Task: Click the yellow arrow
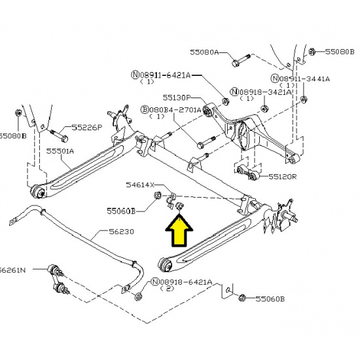coord(179,232)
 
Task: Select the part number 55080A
coord(204,52)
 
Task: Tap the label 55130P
coord(177,98)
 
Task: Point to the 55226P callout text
coord(87,127)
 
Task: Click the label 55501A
coord(60,151)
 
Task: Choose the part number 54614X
coord(140,185)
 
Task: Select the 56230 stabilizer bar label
coord(121,232)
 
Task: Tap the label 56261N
coord(12,270)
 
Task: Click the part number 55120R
coord(282,177)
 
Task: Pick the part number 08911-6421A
coord(165,75)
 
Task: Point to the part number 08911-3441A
coord(304,79)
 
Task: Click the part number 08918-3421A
coord(266,92)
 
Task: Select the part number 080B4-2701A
coord(175,110)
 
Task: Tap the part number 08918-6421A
coord(186,281)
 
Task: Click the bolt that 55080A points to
coord(241,60)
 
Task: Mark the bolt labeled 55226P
coord(59,135)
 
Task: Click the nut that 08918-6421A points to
coord(139,297)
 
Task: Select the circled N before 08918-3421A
coord(234,92)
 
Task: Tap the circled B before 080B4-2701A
coord(145,109)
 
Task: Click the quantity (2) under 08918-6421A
coord(168,289)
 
